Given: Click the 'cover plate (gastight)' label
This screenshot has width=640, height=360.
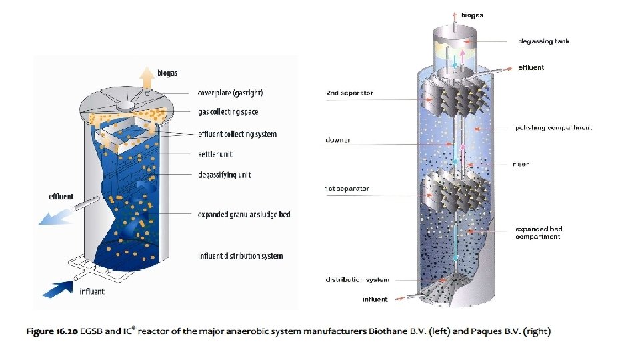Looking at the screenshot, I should coord(234,93).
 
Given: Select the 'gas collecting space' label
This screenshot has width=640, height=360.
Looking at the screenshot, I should coord(228,112).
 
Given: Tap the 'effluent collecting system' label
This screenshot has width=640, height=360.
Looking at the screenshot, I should coord(237,134).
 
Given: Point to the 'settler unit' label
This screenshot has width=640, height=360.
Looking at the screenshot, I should coord(215,155).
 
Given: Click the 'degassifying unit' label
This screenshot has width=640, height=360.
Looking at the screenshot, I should coord(224,175).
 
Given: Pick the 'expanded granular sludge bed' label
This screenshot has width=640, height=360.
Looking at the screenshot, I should coord(244,215).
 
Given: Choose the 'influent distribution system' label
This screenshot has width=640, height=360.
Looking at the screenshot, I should coord(240,256).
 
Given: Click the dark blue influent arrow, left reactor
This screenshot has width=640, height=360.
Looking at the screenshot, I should coord(59,289).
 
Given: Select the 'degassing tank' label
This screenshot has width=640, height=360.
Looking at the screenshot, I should coord(544,41).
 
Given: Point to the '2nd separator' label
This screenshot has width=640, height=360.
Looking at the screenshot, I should coord(349,93).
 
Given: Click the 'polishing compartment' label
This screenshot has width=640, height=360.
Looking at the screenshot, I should coord(553,127).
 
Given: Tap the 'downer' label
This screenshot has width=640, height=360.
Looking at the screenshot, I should coord(338,140).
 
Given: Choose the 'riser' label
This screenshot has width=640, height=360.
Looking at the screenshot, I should coord(521,164).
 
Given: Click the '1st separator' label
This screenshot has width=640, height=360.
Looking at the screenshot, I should coord(347,189).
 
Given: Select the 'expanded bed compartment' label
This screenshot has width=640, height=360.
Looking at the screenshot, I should coord(539,233).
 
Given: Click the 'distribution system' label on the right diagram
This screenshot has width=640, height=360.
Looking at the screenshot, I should coord(357,279).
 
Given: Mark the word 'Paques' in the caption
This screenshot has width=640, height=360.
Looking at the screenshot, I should coord(472,331).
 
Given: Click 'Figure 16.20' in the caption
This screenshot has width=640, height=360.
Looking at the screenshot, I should coord(53,331).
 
